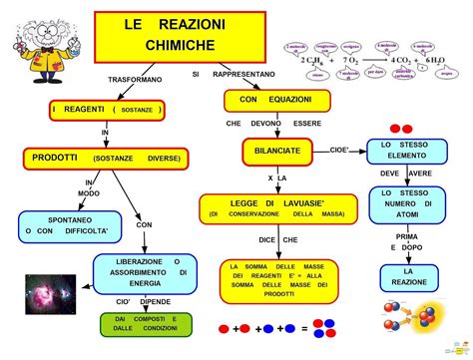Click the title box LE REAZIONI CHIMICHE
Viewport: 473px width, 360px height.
181,35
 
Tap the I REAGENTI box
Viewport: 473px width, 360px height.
106,108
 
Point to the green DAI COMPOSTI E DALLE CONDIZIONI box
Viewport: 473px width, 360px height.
145,324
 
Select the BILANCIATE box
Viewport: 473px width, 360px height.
270,152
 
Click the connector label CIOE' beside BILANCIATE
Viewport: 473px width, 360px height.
338,150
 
